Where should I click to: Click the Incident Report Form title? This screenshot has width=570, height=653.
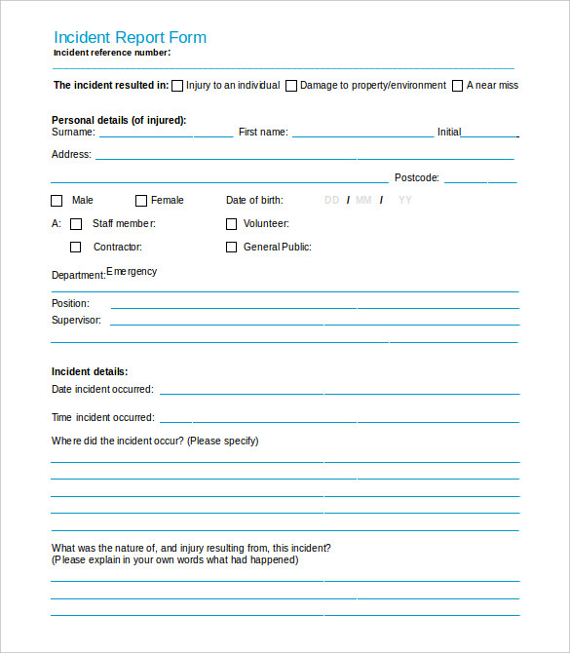click(x=130, y=38)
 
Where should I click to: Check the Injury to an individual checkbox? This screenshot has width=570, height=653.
click(x=177, y=86)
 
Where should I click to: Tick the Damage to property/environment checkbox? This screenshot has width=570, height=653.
click(x=290, y=86)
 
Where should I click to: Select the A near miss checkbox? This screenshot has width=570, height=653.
click(x=457, y=86)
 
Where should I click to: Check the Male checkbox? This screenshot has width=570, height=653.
click(x=57, y=201)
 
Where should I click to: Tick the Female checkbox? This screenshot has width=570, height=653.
click(x=141, y=201)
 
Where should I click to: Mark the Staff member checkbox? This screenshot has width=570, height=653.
click(x=76, y=224)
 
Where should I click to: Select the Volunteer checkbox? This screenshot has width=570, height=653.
click(x=232, y=224)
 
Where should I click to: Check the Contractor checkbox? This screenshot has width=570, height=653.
click(x=76, y=248)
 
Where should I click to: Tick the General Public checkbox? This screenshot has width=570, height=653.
click(x=232, y=248)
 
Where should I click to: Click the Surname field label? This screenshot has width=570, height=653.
click(x=73, y=133)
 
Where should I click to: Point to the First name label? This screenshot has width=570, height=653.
click(x=263, y=133)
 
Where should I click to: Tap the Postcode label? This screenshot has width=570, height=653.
click(x=417, y=178)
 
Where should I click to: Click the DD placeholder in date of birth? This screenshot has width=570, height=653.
click(x=331, y=201)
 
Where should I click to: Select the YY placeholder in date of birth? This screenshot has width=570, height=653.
click(x=405, y=201)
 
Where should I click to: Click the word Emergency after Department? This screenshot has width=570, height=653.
click(x=132, y=272)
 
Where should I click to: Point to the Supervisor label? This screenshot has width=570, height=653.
click(x=76, y=320)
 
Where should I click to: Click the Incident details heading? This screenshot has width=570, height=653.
click(x=90, y=371)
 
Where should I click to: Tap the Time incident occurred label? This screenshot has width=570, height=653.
click(x=102, y=418)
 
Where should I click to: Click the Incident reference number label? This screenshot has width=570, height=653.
click(x=112, y=53)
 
